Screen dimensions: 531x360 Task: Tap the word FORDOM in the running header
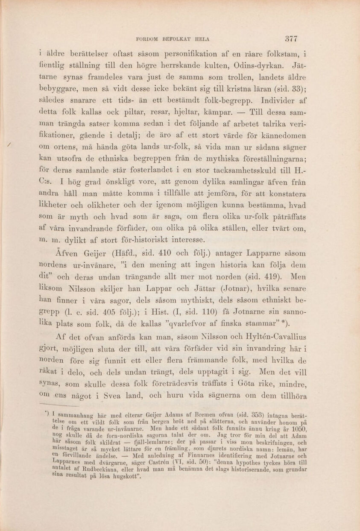[x=147, y=39]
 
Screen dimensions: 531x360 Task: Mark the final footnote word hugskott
[x=127, y=481]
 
